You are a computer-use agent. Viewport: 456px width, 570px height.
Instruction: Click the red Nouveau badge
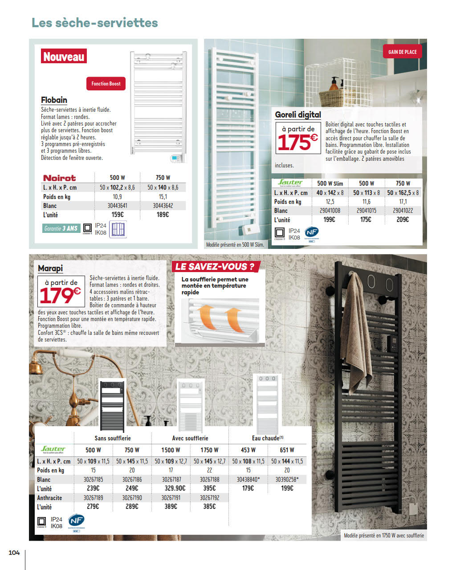point(64,57)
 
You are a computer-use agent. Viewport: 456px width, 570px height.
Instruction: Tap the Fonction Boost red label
point(106,84)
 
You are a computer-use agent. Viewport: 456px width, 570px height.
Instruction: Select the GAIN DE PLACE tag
point(402,52)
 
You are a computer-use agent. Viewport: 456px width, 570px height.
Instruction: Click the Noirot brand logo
point(60,178)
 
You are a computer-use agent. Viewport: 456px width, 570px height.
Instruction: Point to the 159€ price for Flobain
point(117,215)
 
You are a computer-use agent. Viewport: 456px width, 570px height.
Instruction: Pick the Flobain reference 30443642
point(163,206)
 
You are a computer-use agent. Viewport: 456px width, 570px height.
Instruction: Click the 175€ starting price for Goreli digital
point(297,142)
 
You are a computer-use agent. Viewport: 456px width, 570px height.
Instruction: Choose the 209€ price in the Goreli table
point(403,220)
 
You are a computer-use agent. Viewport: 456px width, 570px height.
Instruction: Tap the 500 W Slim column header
point(330,183)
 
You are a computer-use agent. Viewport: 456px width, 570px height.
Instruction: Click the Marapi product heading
point(50,268)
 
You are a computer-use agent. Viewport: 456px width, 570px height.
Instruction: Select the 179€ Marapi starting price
point(61,295)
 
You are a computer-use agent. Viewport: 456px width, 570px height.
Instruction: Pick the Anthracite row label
point(49,498)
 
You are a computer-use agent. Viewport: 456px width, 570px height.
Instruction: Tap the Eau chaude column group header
point(268,438)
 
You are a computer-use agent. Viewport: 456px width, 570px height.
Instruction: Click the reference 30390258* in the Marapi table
point(287,480)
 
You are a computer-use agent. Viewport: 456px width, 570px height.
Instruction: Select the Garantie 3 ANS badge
point(61,228)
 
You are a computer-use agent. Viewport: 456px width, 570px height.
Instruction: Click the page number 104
point(14,553)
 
